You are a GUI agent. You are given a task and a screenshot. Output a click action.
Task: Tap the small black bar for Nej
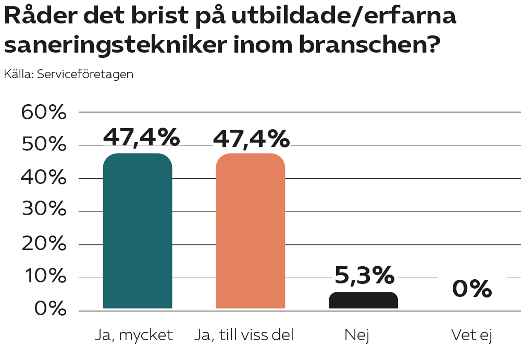[x=363, y=301]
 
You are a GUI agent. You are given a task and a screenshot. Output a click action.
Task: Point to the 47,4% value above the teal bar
[x=141, y=138]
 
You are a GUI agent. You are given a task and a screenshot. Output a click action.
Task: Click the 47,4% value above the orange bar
[x=251, y=138]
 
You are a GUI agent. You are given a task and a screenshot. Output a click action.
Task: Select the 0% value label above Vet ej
[x=472, y=289]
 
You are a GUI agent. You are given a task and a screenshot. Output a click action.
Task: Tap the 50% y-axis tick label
[x=44, y=145]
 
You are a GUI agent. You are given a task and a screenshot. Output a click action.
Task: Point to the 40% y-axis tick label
[x=44, y=178]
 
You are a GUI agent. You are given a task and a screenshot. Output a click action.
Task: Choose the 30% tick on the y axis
[x=44, y=211]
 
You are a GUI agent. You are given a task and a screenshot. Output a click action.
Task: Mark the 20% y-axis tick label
[x=44, y=244]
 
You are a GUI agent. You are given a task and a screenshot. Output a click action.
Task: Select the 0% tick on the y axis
[x=51, y=310]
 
